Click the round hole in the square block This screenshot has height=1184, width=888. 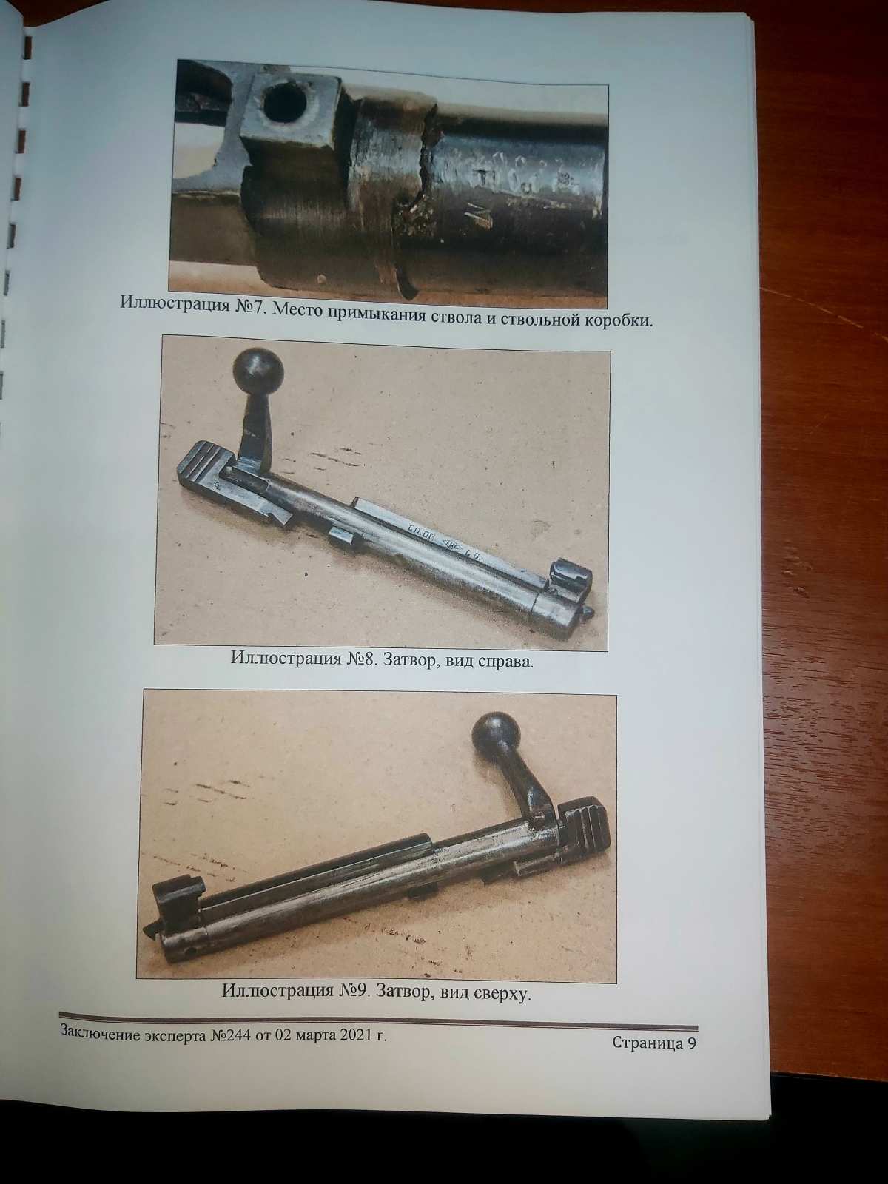pyautogui.click(x=283, y=104)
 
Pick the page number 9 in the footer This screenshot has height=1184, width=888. pyautogui.click(x=690, y=1043)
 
